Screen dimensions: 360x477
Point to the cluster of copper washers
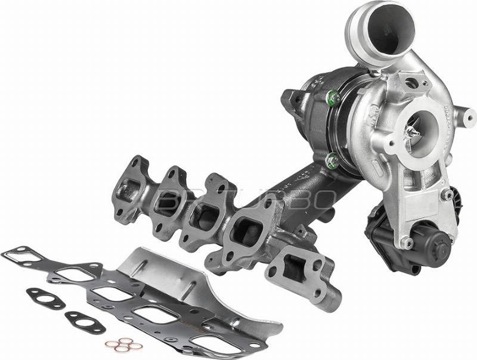pyautogui.click(x=124, y=344)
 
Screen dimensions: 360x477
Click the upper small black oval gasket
pyautogui.click(x=45, y=297)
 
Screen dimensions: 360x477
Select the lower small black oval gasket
pyautogui.click(x=85, y=322)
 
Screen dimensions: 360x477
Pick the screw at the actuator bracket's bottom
pyautogui.click(x=407, y=243)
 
